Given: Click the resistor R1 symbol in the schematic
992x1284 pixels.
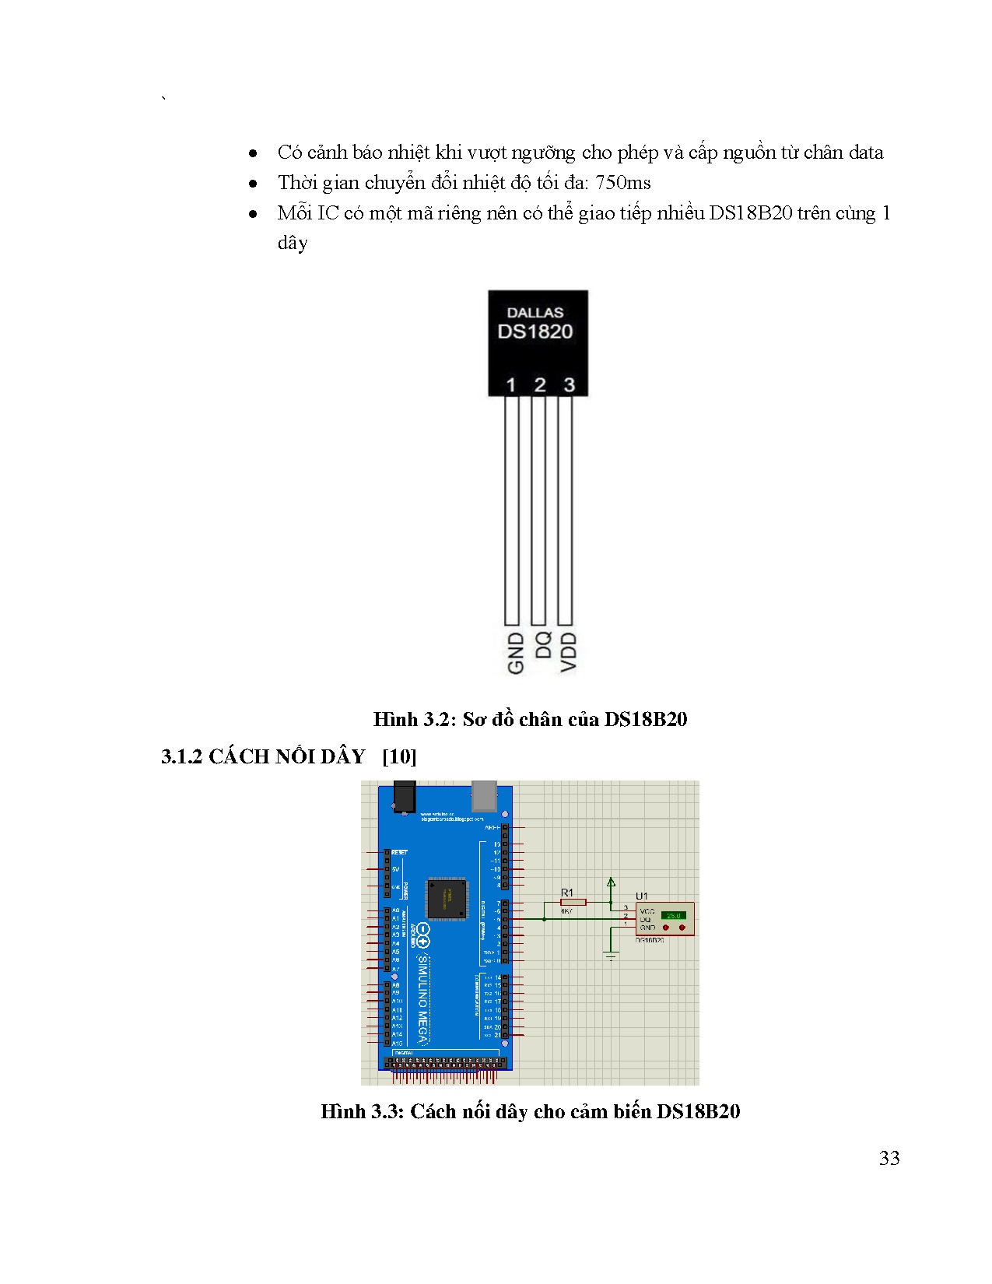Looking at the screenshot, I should pyautogui.click(x=573, y=902).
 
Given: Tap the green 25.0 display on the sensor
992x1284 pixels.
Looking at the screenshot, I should pyautogui.click(x=672, y=915).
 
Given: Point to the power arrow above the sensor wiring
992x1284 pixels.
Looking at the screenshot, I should pyautogui.click(x=611, y=883).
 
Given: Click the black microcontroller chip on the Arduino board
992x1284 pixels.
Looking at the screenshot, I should pyautogui.click(x=447, y=899).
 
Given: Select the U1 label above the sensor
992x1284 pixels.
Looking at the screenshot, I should pyautogui.click(x=642, y=896).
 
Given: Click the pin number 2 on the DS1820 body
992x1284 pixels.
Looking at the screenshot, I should pyautogui.click(x=540, y=384).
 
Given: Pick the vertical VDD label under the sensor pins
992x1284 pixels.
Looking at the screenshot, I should pyautogui.click(x=569, y=652).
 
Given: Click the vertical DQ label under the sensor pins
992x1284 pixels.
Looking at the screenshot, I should pyautogui.click(x=543, y=645).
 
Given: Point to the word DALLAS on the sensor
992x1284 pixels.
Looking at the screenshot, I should pyautogui.click(x=535, y=312).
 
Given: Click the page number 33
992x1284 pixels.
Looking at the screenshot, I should pyautogui.click(x=889, y=1158).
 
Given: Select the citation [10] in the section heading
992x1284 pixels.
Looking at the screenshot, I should pyautogui.click(x=399, y=756).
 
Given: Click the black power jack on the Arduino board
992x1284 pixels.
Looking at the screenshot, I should pyautogui.click(x=404, y=798).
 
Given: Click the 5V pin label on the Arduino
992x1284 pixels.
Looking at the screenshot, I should pyautogui.click(x=395, y=869).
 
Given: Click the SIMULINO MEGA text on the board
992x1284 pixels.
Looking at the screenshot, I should pyautogui.click(x=423, y=1000).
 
